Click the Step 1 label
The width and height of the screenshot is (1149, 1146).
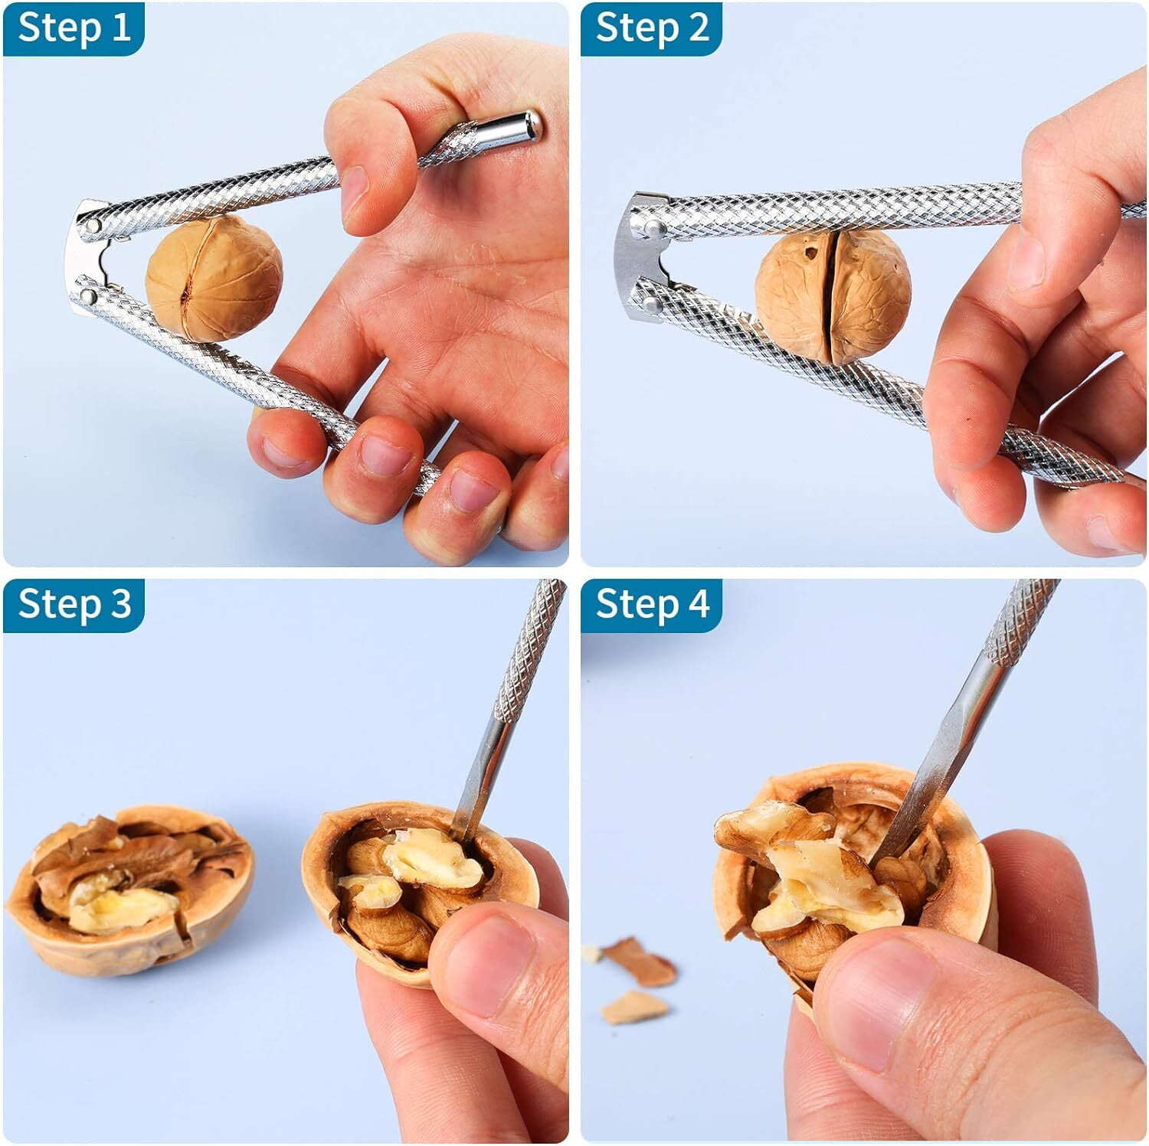74,28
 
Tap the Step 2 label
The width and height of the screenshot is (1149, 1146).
651,28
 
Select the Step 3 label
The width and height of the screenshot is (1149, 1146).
74,605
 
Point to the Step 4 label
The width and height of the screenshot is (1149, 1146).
651,605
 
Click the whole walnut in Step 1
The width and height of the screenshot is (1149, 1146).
214,278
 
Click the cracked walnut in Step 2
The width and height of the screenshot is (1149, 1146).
833,297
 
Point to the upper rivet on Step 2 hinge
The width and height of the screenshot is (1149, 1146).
652,228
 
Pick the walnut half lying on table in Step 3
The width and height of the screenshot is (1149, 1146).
130,888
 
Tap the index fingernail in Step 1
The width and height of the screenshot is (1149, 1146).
354,191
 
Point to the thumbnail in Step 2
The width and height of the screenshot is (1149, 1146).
1026,260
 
